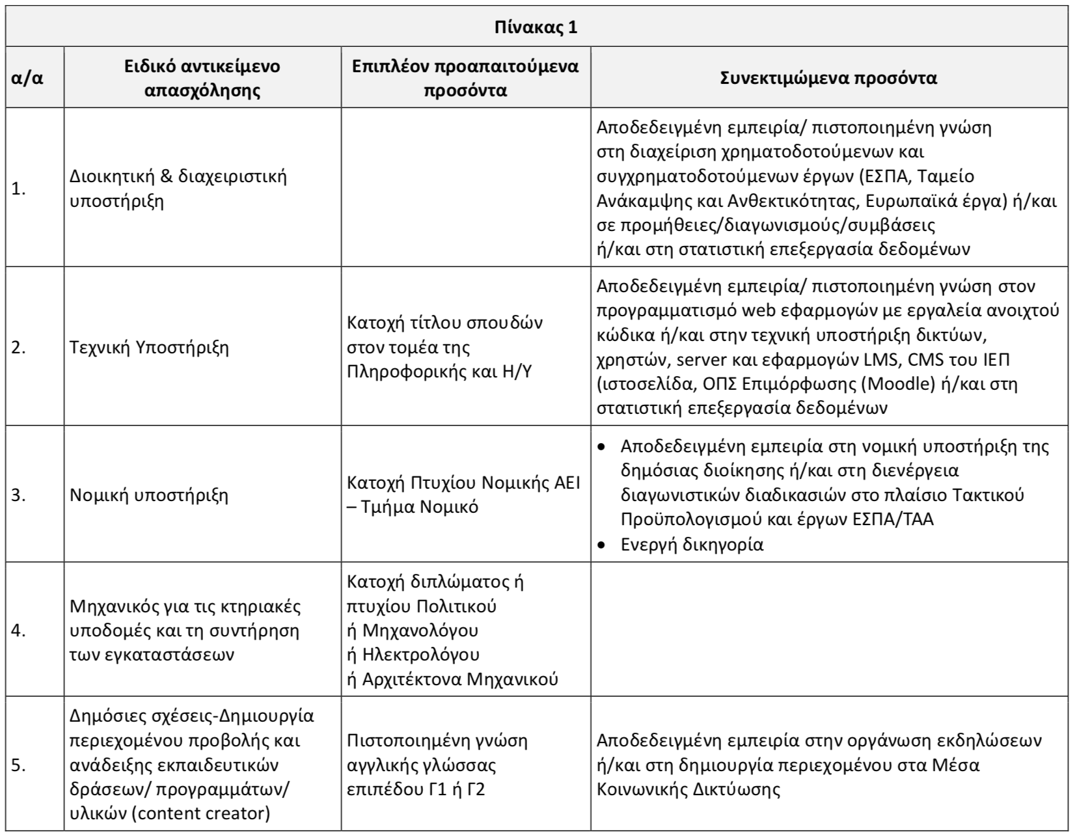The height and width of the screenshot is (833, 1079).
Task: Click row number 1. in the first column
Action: click(19, 189)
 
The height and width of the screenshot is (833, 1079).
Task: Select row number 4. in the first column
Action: click(19, 631)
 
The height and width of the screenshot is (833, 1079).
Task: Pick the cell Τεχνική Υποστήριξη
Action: click(149, 348)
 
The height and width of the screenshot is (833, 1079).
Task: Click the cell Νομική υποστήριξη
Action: click(149, 495)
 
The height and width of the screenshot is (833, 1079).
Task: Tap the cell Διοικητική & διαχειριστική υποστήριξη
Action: click(178, 189)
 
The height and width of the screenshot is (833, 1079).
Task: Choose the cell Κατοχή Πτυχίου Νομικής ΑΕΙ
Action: click(463, 484)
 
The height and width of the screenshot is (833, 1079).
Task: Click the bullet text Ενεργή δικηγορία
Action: click(692, 545)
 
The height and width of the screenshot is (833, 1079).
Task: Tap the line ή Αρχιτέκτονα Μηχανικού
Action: click(452, 679)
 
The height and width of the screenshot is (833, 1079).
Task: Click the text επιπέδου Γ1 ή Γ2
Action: click(417, 790)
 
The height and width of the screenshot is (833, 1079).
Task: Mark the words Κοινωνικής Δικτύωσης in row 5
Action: click(688, 790)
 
